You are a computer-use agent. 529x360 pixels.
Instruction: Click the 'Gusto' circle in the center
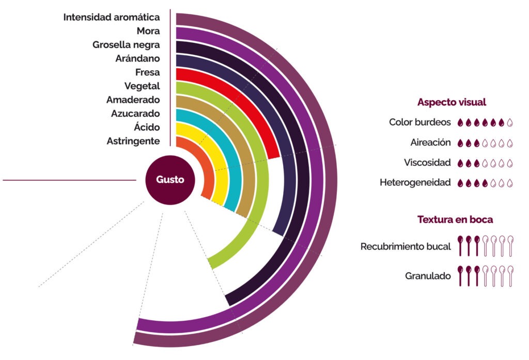tap(170, 180)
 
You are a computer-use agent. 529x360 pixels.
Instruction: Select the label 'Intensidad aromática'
tap(111, 18)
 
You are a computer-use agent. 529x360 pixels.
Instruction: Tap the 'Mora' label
tap(148, 31)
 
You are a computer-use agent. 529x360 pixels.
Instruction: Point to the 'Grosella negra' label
tap(126, 45)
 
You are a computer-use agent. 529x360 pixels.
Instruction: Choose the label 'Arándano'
tap(137, 58)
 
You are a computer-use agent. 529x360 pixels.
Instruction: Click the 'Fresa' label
tap(147, 72)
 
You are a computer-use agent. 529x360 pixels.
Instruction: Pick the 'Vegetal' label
tap(142, 86)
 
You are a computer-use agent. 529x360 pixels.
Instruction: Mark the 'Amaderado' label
tap(133, 100)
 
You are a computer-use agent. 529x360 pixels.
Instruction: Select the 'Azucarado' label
tap(135, 114)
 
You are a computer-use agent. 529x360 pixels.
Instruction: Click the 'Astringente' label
tap(133, 141)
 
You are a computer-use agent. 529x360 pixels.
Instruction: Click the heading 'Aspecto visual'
tap(452, 102)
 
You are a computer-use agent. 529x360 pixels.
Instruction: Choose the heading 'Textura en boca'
tap(455, 220)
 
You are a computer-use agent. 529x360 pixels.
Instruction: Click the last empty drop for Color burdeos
tap(510, 122)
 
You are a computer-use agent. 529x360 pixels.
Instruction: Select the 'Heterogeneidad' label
tap(415, 182)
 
